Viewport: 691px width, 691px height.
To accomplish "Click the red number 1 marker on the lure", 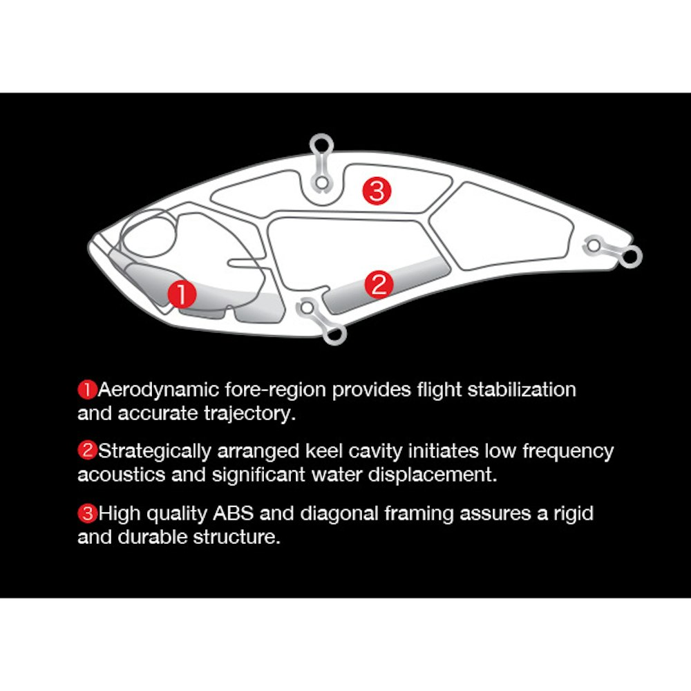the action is [182, 294].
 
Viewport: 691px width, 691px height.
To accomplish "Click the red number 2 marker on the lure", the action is [379, 284].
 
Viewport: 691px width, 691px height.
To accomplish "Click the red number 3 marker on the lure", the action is [377, 191].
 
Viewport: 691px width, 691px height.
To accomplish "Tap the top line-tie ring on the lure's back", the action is [321, 145].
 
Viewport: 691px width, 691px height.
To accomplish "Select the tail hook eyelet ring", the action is [631, 256].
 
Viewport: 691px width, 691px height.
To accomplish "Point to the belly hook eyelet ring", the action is [335, 334].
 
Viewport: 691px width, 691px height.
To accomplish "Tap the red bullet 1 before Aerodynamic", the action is [87, 390].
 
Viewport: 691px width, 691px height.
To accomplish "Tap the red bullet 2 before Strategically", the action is [87, 451].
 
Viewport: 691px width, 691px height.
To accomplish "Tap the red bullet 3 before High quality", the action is [87, 513].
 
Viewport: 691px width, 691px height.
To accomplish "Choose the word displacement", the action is [433, 475].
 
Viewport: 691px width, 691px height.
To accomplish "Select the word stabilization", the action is [522, 390].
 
